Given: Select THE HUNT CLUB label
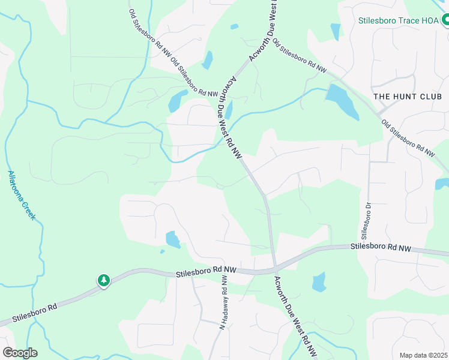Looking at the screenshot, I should pos(408,97).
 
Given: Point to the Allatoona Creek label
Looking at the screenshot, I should pos(22,195).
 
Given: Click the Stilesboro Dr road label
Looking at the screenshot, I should pos(364,219).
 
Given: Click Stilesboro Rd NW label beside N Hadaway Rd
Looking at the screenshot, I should pos(201,272).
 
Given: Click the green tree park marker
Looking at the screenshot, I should pos(104,280).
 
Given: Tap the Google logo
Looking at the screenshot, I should pos(20,353).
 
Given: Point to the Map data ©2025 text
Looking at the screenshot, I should pos(423,355).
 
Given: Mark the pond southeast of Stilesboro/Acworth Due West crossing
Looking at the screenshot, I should pos(319,281).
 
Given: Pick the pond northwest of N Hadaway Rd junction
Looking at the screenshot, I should pos(173,239).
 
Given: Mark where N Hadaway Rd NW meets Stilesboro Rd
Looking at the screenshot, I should pos(226,271).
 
